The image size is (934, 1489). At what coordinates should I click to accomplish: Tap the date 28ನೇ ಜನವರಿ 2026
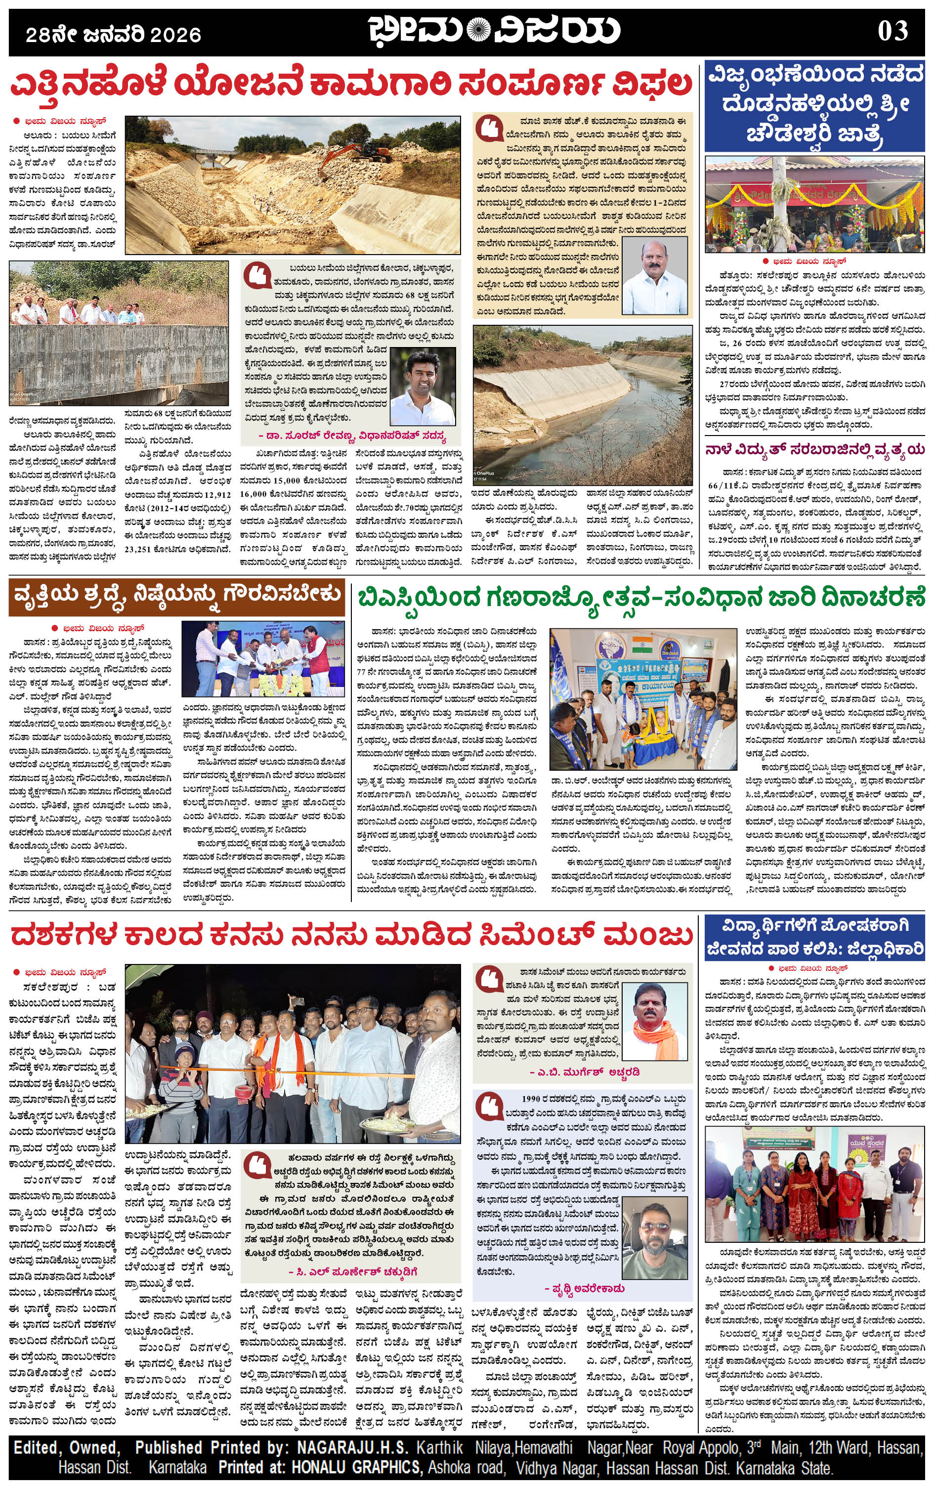[x=114, y=35]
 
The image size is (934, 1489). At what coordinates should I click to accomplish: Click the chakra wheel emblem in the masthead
[x=477, y=29]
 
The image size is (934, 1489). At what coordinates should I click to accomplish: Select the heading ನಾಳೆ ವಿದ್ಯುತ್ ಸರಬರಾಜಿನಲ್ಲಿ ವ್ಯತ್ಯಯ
[x=815, y=449]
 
